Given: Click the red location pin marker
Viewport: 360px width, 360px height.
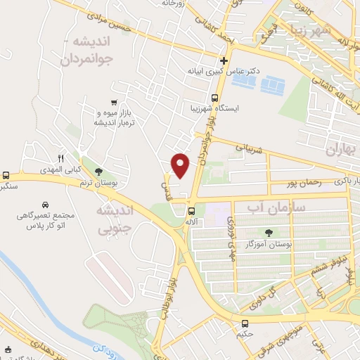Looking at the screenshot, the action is pyautogui.click(x=181, y=165).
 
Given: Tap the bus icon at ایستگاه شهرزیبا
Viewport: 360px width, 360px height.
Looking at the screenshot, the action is pyautogui.click(x=214, y=98).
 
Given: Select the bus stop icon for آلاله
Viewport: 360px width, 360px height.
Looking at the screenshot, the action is pyautogui.click(x=191, y=211).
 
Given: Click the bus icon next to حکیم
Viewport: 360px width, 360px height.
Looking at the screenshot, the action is pyautogui.click(x=245, y=324).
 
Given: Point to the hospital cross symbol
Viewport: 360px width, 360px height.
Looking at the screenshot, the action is pyautogui.click(x=224, y=60).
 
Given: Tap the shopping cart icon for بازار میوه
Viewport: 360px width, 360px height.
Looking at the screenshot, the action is pyautogui.click(x=114, y=102).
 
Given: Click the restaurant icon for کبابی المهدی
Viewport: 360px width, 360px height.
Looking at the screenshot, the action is pyautogui.click(x=60, y=157).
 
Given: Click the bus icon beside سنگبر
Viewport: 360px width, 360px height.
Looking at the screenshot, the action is pyautogui.click(x=6, y=175).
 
